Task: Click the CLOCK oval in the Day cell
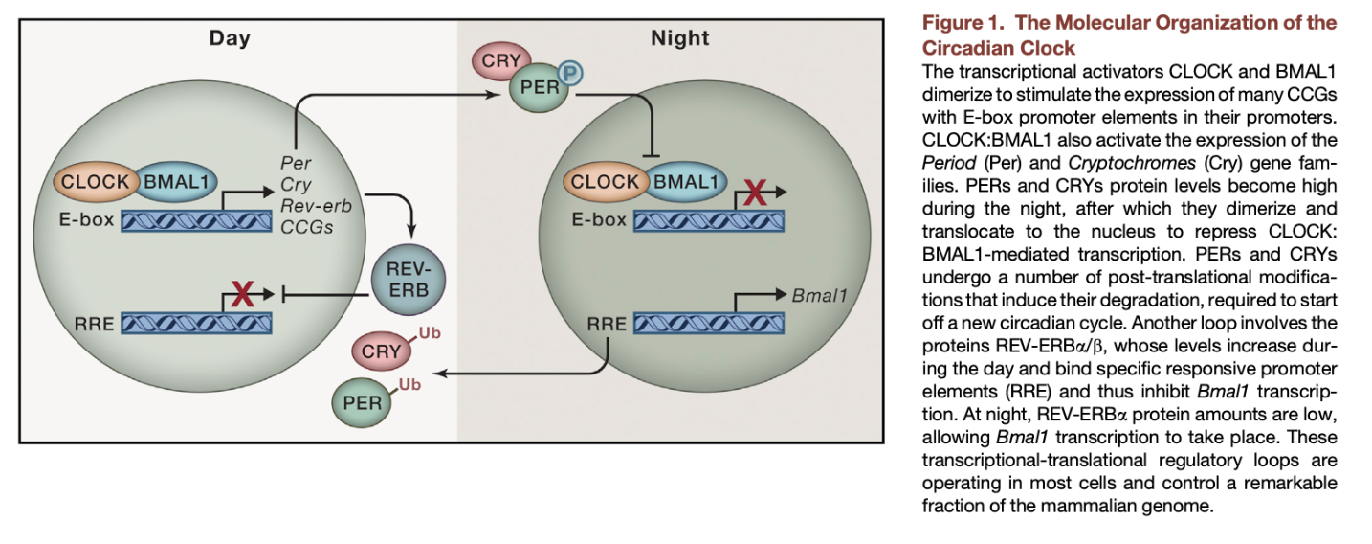(96, 182)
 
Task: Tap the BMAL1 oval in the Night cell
(686, 182)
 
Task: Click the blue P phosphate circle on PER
(569, 74)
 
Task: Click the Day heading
(230, 38)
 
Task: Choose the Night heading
(679, 38)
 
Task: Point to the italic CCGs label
(302, 226)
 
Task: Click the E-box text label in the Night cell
(599, 220)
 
